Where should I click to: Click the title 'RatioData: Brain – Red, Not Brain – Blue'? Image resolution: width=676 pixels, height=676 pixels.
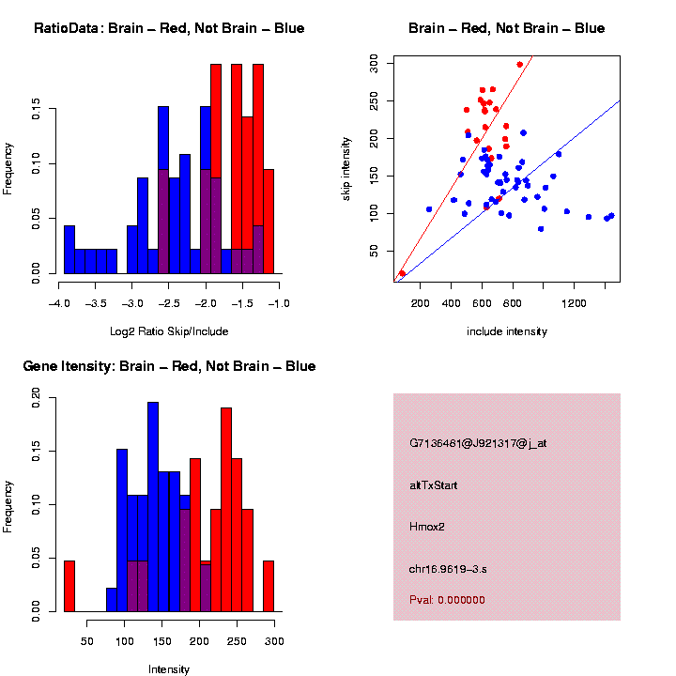169,28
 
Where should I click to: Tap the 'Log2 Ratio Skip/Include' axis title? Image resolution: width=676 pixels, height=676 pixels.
169,330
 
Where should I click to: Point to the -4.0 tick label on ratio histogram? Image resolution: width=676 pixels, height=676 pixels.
59,303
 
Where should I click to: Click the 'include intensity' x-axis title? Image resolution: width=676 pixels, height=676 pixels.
507,331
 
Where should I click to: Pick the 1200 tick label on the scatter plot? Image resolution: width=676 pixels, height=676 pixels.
574,303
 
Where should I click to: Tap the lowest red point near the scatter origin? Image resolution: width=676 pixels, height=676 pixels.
402,273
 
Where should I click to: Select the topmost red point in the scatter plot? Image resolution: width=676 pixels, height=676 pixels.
520,65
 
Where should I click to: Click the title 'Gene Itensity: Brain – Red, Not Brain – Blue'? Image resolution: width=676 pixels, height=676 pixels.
169,366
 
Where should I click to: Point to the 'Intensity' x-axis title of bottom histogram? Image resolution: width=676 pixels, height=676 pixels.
169,669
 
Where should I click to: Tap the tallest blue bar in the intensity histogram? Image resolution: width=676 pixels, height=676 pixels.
153,507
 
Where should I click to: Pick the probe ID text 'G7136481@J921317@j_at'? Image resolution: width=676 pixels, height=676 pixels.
478,443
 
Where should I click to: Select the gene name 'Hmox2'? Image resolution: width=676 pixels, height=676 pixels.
428,527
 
